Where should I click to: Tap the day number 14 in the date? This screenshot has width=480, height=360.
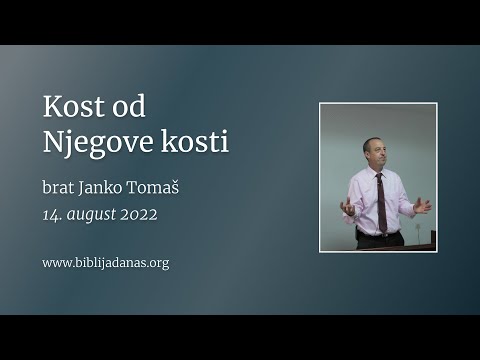click(x=53, y=214)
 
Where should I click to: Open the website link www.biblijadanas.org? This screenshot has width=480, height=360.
click(x=105, y=263)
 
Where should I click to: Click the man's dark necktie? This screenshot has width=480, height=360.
click(x=380, y=200)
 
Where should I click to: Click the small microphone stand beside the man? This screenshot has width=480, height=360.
click(x=417, y=234)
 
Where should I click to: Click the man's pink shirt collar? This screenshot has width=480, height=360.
click(x=376, y=172)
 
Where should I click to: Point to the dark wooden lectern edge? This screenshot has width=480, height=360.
click(x=410, y=246)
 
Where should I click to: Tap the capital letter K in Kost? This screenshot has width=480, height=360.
click(x=51, y=107)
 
